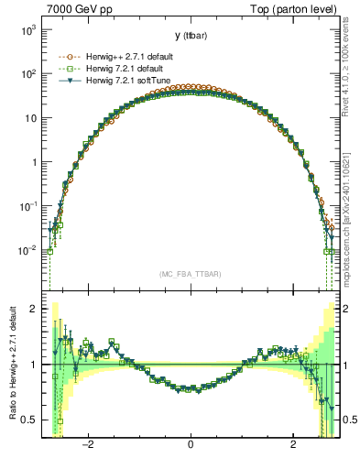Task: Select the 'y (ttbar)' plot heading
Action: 191,36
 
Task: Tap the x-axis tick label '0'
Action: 191,444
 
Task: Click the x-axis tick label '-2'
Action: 88,444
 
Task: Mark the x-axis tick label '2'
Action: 293,444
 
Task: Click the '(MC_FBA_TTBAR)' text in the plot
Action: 191,274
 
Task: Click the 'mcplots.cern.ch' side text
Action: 351,211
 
